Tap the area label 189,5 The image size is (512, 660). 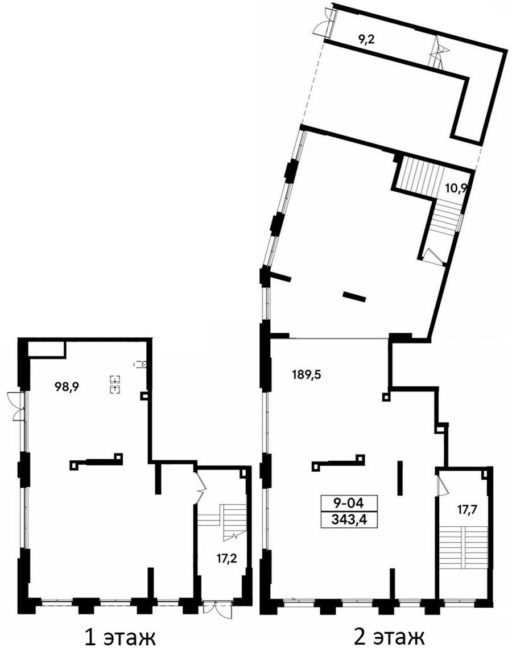coord(307,374)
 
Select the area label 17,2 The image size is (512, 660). coord(227,559)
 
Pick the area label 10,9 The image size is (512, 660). coord(456,188)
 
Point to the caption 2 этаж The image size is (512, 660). coord(390,638)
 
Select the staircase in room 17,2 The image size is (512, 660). coord(222,515)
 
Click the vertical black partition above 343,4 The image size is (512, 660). coord(400,478)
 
